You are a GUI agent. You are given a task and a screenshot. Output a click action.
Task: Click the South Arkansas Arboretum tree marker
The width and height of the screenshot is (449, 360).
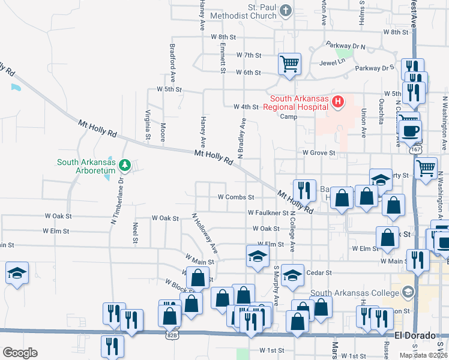(x=124, y=164)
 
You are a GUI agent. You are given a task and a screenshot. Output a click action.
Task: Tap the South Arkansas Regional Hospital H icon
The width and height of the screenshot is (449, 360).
(x=338, y=102)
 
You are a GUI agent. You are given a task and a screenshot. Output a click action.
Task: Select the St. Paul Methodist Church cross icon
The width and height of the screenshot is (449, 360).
(x=286, y=10)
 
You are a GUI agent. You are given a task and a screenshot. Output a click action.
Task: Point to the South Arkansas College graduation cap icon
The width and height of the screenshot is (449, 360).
(x=408, y=293)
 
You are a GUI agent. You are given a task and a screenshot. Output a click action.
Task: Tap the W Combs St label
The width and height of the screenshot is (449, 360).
(x=236, y=197)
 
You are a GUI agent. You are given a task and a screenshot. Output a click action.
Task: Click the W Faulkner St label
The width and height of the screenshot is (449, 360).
(x=268, y=212)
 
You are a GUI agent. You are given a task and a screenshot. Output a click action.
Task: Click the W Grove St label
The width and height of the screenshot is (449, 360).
(x=318, y=153)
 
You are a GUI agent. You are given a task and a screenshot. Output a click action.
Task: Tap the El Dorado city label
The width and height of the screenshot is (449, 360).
(x=415, y=336)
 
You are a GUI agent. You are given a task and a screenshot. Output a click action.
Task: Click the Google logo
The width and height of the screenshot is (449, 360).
(x=20, y=353)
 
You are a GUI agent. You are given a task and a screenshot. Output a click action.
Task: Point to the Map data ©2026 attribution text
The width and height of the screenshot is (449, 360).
(x=423, y=355)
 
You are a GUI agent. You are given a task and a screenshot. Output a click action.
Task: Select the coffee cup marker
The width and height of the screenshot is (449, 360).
(x=411, y=130)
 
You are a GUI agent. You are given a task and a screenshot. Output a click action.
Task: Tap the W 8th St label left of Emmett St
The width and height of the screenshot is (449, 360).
(x=223, y=37)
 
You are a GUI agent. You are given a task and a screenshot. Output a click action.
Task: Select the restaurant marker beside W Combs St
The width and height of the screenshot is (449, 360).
(x=304, y=190)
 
